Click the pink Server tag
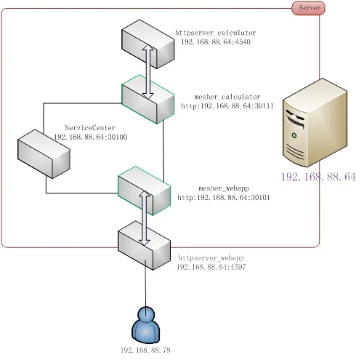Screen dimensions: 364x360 coord(308,8)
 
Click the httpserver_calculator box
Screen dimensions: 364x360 coord(147,44)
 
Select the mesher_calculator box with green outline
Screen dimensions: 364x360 coord(147,99)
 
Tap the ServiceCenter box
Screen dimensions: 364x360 coord(44,154)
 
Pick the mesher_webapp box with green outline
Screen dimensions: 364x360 coord(144,191)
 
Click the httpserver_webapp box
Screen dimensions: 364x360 coord(144,245)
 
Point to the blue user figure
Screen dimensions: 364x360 coord(146,325)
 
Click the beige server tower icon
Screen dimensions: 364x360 coord(315,122)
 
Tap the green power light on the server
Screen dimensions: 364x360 coord(294,135)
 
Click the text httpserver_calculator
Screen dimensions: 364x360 coord(216,33)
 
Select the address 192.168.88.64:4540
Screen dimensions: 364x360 coord(216,41)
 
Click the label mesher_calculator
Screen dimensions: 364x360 coord(227,97)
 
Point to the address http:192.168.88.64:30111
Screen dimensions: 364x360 coord(227,105)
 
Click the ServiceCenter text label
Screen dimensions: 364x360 coord(90,127)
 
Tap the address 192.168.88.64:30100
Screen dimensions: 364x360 coord(90,137)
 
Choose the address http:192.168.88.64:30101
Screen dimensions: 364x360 coord(224,197)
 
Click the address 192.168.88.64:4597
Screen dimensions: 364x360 coord(211,267)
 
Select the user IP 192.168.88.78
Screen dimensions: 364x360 coord(145,350)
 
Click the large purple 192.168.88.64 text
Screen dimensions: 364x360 coord(318,177)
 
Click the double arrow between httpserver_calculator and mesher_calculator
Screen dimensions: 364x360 coord(147,72)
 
